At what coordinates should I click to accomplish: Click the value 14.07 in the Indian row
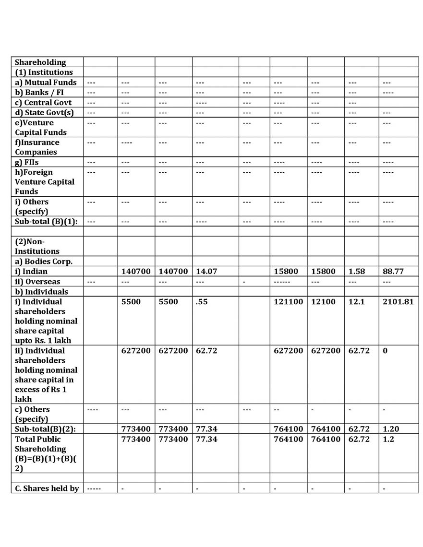pyautogui.click(x=206, y=272)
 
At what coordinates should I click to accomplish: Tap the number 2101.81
pyautogui.click(x=398, y=302)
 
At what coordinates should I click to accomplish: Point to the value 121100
pyautogui.click(x=288, y=302)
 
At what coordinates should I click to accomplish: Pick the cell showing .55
pyautogui.click(x=202, y=302)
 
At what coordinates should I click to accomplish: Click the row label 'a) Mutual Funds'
pyautogui.click(x=46, y=82)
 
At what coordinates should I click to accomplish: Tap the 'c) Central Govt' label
pyautogui.click(x=43, y=102)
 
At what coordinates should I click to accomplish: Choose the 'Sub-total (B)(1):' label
pyautogui.click(x=46, y=221)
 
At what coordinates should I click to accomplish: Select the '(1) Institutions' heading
pyautogui.click(x=44, y=72)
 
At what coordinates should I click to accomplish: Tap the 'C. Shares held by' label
pyautogui.click(x=47, y=488)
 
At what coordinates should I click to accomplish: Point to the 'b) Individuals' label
pyautogui.click(x=41, y=292)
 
